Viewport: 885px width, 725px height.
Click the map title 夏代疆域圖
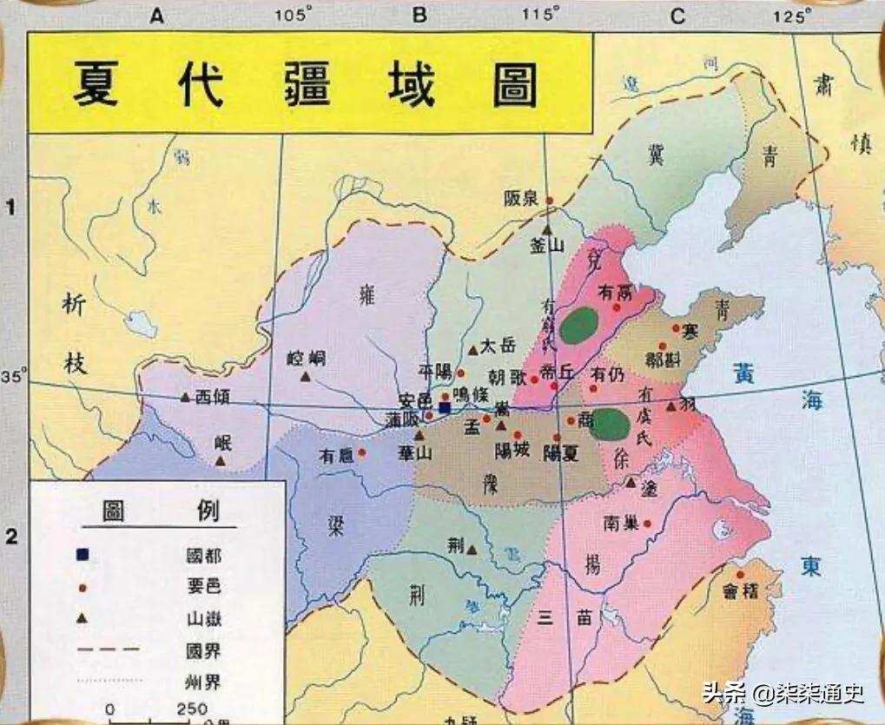304,84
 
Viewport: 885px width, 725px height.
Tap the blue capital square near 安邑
445,406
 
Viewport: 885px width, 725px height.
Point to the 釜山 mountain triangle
548,228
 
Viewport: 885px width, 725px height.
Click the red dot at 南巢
647,524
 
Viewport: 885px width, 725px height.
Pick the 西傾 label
213,397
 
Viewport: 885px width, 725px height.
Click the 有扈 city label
336,454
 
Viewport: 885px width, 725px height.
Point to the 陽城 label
512,450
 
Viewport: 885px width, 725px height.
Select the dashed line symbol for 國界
109,647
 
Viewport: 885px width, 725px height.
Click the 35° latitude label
13,377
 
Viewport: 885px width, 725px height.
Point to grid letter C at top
677,15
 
